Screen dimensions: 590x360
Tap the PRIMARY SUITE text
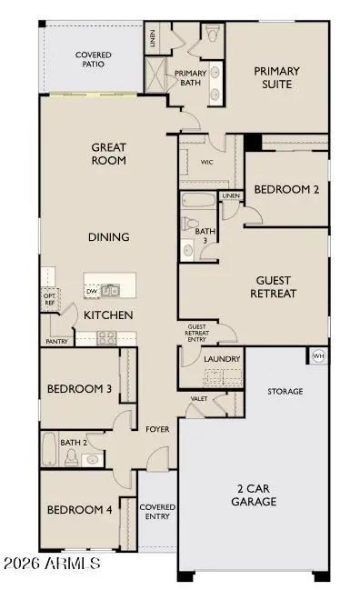(276, 77)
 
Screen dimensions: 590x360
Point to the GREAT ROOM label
(108, 154)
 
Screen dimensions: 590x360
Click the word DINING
(108, 237)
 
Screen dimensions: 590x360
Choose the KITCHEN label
(109, 315)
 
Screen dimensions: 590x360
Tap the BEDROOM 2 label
(285, 190)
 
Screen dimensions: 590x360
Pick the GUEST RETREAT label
(274, 287)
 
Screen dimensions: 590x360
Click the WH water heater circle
(318, 355)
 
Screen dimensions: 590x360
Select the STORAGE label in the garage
(285, 392)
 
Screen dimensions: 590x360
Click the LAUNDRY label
(222, 359)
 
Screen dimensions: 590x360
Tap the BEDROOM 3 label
(79, 389)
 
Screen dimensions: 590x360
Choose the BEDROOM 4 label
(79, 510)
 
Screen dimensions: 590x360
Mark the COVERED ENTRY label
(157, 512)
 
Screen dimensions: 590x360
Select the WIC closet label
(206, 163)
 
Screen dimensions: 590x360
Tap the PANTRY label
(56, 342)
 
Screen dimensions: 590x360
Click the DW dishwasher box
(92, 291)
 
